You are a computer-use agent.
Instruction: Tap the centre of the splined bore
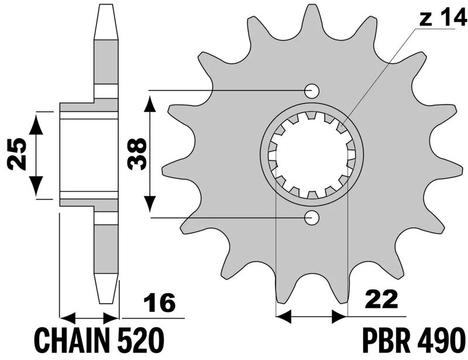[311, 155]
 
